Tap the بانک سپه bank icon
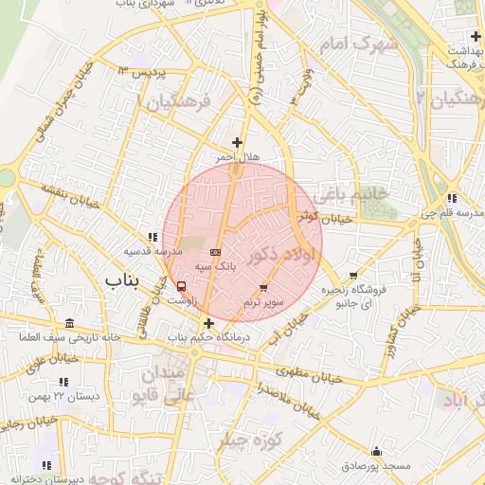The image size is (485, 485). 215,253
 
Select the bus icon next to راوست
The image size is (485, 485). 181,286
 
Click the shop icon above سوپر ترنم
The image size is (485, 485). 263,287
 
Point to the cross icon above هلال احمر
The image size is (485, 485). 237,143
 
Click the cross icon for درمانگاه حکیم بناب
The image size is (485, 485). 208,323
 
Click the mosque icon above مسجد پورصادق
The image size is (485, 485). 377,452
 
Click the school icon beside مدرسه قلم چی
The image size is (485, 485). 450,198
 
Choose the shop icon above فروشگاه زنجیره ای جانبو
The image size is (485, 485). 353,275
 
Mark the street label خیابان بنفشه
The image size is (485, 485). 63,197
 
